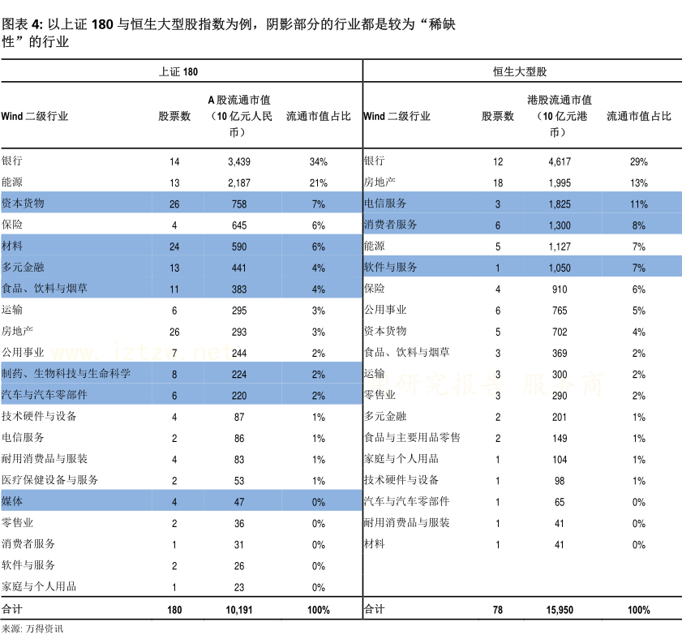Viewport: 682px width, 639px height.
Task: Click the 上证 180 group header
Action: (178, 71)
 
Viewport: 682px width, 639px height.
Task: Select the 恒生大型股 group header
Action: (520, 71)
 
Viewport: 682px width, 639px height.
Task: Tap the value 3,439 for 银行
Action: (239, 162)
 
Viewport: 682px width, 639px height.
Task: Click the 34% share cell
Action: (318, 162)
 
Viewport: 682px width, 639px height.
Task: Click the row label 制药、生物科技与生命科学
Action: (66, 374)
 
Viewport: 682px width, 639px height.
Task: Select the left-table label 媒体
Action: (12, 502)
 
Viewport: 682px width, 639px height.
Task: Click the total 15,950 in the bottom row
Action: (560, 610)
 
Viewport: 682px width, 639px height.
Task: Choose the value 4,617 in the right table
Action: (560, 162)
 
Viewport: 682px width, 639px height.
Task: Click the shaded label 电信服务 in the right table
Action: (385, 204)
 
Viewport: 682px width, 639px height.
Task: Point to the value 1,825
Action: (560, 204)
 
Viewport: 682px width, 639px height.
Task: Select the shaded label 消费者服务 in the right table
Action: (391, 225)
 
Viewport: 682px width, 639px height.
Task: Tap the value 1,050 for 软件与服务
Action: (560, 268)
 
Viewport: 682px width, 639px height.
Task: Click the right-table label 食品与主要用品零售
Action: (412, 438)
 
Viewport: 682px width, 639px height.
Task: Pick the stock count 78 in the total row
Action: (498, 610)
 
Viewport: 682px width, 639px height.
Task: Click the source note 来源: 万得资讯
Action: (32, 628)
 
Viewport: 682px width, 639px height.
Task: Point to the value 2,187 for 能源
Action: (239, 183)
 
